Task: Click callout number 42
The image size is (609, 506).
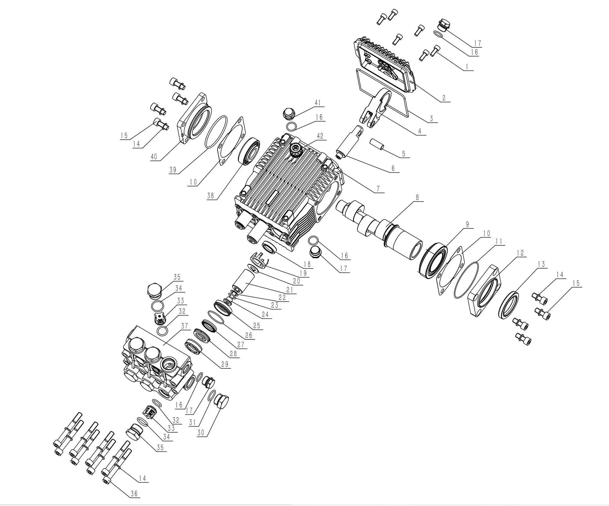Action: [x=320, y=136]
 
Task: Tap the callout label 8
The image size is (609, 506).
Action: [x=417, y=198]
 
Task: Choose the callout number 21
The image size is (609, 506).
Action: [x=290, y=290]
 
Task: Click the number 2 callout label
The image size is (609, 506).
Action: [x=443, y=98]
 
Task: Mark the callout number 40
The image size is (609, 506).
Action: [x=154, y=157]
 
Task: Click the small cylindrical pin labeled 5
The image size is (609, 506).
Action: [x=377, y=144]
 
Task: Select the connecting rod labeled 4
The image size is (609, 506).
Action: [x=375, y=108]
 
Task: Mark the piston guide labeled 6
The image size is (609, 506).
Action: [x=350, y=142]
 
